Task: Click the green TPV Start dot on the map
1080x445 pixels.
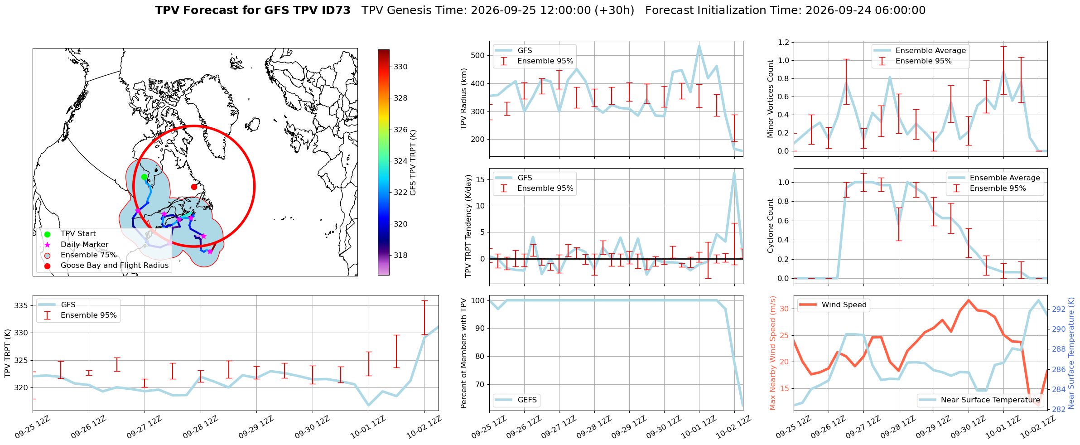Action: point(144,177)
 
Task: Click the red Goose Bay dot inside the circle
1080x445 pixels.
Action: point(194,187)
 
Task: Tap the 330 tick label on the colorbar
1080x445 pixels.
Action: point(400,67)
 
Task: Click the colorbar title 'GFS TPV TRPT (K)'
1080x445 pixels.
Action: point(413,163)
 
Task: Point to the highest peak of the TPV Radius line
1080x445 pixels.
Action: point(699,46)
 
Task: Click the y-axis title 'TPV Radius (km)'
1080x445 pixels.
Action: point(463,99)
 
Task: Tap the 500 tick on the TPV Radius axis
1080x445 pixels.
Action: point(478,56)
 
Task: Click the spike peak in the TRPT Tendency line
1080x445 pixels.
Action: point(734,173)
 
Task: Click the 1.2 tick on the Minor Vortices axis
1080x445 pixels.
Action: point(783,42)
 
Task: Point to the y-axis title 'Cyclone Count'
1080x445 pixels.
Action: point(770,226)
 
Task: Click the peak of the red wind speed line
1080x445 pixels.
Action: point(969,300)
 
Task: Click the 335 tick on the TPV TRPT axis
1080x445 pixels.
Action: point(21,305)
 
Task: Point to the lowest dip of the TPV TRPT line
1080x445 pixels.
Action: point(369,406)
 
